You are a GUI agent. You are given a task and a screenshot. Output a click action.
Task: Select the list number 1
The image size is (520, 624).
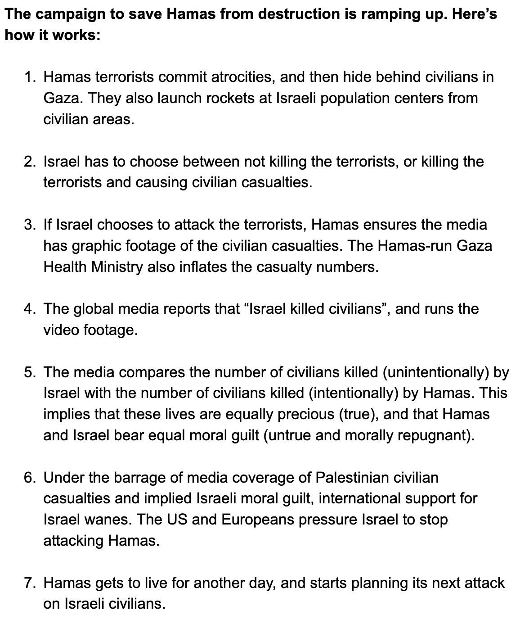tap(30, 77)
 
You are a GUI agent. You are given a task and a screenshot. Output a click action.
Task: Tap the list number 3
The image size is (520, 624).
tap(30, 225)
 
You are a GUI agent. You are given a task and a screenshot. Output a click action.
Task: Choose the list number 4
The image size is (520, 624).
tap(30, 309)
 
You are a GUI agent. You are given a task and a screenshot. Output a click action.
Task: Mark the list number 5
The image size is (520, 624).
tap(30, 372)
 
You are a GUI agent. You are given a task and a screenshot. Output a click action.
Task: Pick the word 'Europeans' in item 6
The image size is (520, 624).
tap(258, 520)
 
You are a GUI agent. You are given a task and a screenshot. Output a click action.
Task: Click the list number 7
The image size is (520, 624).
tap(30, 583)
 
